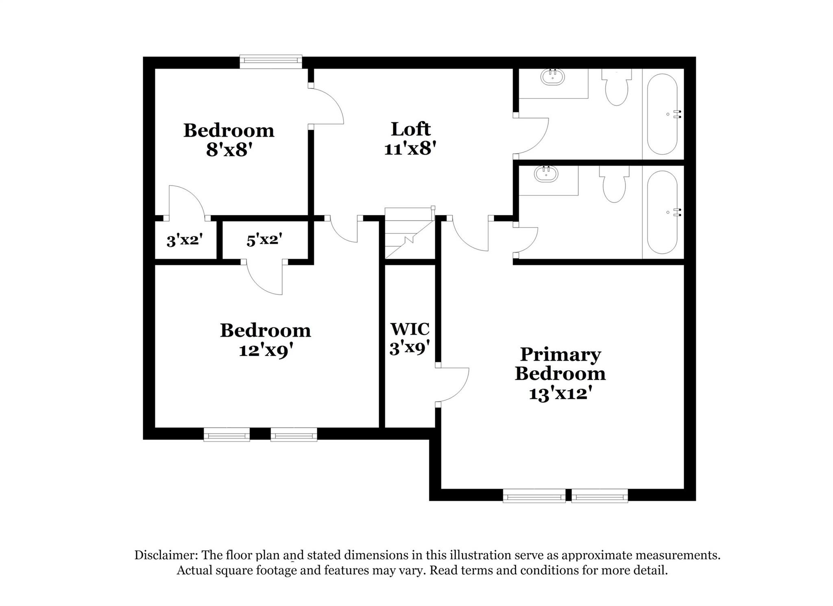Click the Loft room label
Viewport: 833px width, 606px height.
410,129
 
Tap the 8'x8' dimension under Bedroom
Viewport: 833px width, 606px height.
229,150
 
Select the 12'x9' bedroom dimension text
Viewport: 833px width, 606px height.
265,350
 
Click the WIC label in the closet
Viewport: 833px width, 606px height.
410,328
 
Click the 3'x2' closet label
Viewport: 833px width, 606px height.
185,240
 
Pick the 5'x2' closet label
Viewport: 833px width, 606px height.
264,239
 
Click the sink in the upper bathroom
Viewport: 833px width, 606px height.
552,77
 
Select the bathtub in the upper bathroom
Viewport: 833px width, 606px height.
662,114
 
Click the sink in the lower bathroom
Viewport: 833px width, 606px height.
546,174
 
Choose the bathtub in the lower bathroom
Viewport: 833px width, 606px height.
662,212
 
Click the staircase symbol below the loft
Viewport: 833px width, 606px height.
409,233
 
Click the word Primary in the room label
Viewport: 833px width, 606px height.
560,354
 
